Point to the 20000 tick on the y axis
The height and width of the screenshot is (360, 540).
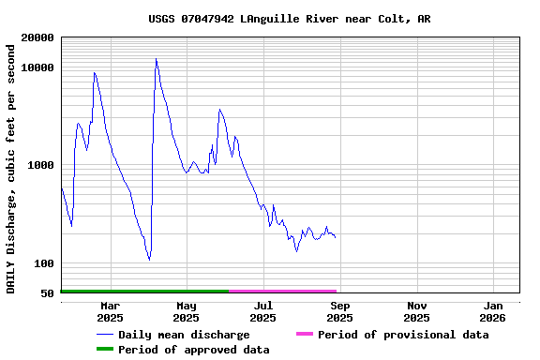tap(37, 37)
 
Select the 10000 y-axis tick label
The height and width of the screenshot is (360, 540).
tap(37, 67)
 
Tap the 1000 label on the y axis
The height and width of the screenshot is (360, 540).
tap(41, 165)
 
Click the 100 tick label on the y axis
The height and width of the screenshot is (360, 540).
tap(44, 263)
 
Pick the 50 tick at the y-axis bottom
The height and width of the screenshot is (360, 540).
tap(48, 293)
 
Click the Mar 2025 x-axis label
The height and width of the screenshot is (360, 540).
tap(110, 311)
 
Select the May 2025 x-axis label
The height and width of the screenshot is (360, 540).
tap(187, 311)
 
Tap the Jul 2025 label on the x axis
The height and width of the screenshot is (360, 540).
tap(263, 311)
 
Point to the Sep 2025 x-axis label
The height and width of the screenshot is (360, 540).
tap(340, 311)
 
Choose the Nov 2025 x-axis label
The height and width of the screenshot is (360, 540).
tap(417, 311)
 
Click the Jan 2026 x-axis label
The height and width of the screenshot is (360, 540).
tap(494, 311)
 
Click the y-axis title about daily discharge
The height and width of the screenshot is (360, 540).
tap(11, 165)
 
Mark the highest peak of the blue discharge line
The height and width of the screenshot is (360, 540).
tap(157, 59)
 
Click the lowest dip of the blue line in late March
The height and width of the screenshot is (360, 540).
tap(149, 260)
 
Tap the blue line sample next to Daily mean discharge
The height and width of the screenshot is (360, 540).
tap(104, 335)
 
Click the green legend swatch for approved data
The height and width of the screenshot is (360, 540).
tap(104, 350)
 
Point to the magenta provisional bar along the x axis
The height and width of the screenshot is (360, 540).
tap(282, 292)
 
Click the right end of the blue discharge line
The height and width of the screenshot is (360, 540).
tap(336, 237)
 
